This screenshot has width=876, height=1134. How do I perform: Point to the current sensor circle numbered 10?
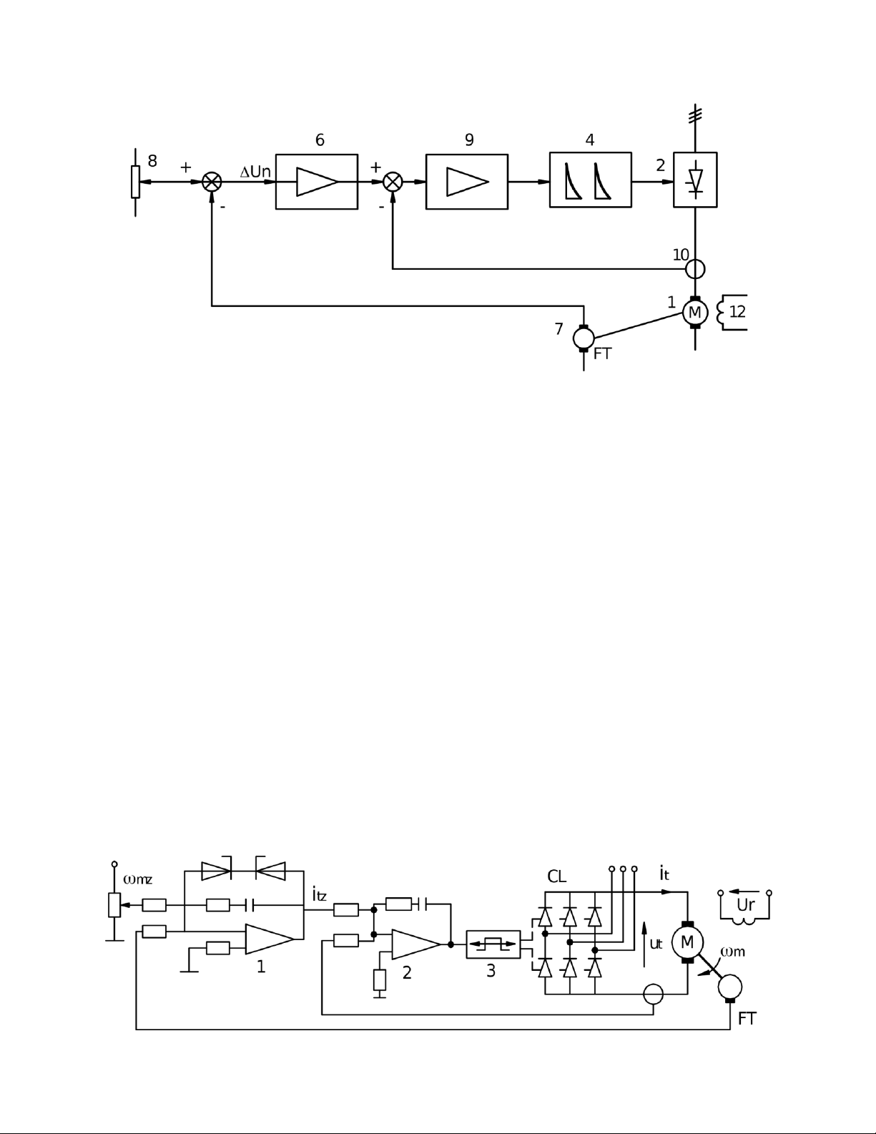pyautogui.click(x=694, y=260)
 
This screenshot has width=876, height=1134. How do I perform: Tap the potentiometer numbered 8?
pyautogui.click(x=136, y=182)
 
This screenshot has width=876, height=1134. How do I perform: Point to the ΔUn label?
pyautogui.click(x=255, y=171)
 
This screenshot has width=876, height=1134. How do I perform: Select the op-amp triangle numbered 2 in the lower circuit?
pyautogui.click(x=415, y=944)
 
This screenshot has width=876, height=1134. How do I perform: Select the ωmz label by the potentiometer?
pyautogui.click(x=137, y=879)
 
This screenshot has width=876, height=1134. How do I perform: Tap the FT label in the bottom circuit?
pyautogui.click(x=747, y=1018)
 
